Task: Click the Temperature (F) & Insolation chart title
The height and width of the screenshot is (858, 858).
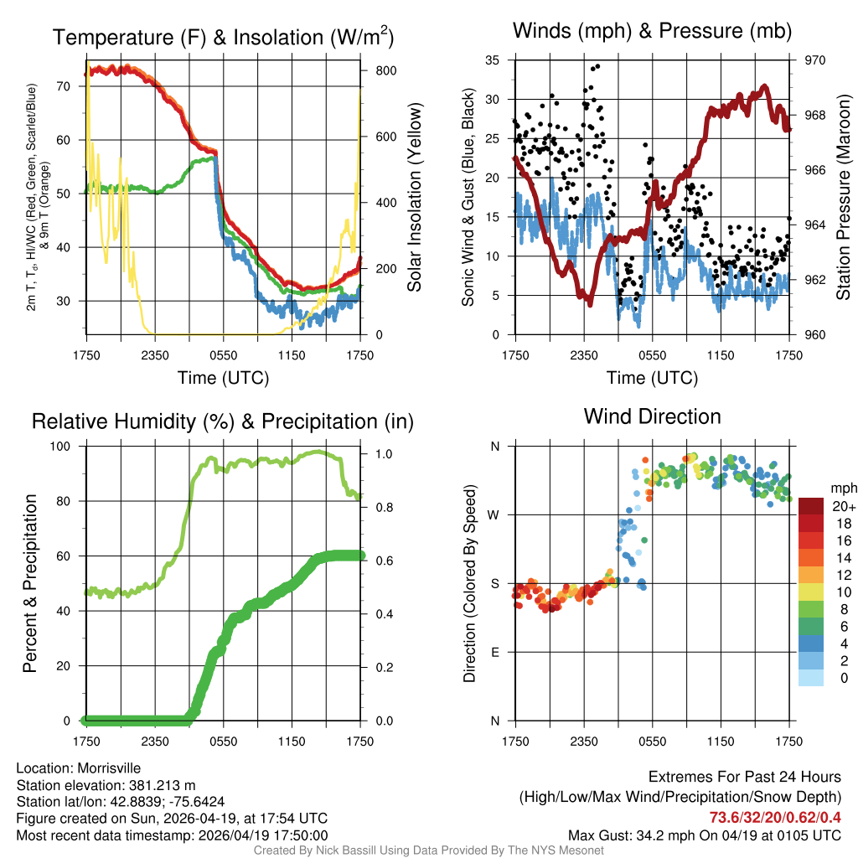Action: point(223,37)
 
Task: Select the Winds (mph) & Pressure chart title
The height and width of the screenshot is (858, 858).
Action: point(652,31)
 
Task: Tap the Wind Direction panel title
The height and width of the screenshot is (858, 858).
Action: point(652,416)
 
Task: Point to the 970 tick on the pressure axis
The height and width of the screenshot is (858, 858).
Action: point(815,60)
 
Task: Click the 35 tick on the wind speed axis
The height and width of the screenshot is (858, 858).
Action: point(493,60)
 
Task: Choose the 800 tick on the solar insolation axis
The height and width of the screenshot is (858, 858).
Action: point(385,70)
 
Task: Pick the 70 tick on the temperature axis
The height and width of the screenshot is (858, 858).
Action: point(65,85)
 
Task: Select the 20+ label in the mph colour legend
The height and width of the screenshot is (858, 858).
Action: point(844,506)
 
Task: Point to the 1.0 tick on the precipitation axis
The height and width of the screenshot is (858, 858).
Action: point(384,454)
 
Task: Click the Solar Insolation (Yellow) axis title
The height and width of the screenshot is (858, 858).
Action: point(414,198)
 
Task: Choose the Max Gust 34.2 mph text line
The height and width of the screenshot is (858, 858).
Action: point(704,835)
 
